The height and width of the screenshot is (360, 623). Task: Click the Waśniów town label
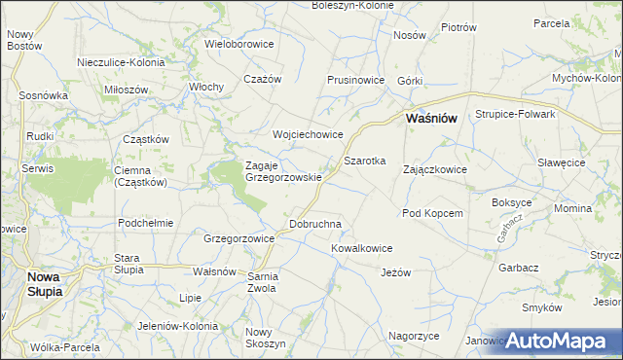pyautogui.click(x=432, y=118)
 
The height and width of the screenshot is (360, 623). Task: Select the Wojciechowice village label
pyautogui.click(x=308, y=134)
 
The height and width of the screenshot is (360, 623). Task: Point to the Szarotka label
pyautogui.click(x=365, y=160)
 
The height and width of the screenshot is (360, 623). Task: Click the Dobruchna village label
pyautogui.click(x=315, y=224)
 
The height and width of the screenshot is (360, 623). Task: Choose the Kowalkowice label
pyautogui.click(x=361, y=248)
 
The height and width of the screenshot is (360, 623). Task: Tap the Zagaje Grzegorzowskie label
pyautogui.click(x=283, y=171)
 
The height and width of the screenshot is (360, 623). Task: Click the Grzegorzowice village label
pyautogui.click(x=238, y=237)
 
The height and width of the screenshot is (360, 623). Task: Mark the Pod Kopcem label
pyautogui.click(x=431, y=212)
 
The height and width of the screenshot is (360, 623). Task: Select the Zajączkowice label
pyautogui.click(x=434, y=169)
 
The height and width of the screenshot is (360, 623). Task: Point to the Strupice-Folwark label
pyautogui.click(x=515, y=114)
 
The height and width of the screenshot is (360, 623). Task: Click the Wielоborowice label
pyautogui.click(x=239, y=44)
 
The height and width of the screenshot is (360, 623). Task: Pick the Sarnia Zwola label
pyautogui.click(x=263, y=282)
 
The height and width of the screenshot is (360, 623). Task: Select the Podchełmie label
pyautogui.click(x=145, y=222)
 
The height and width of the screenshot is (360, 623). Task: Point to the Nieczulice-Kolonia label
pyautogui.click(x=122, y=62)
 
